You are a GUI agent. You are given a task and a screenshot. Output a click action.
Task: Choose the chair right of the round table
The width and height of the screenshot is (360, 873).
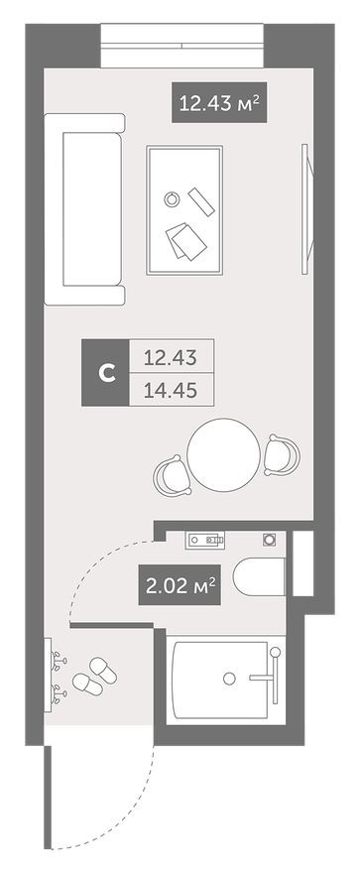click(282, 453)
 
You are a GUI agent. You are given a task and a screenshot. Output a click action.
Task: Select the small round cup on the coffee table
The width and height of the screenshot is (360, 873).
click(173, 199)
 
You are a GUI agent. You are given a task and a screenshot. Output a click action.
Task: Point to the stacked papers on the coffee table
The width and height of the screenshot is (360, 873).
click(183, 241)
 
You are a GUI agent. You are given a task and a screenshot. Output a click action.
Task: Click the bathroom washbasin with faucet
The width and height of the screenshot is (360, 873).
click(209, 541)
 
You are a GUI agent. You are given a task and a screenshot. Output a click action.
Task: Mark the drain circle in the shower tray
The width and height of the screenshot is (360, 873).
click(230, 680)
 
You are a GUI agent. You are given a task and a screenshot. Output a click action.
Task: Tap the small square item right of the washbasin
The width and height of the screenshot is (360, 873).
click(269, 540)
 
